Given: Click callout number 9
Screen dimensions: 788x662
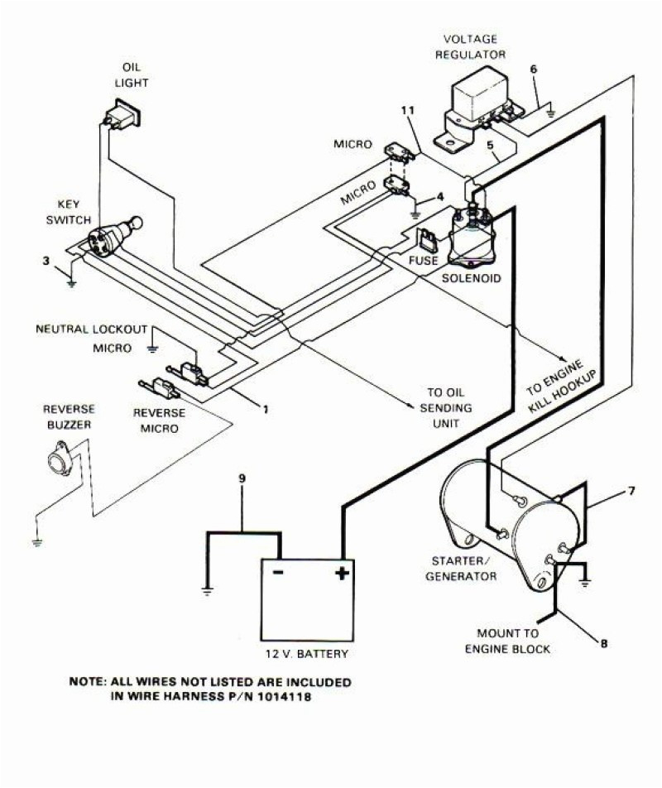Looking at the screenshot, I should pos(242,478).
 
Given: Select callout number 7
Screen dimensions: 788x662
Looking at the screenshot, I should pos(631,491).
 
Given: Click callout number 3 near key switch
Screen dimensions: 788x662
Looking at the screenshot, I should pos(47,262).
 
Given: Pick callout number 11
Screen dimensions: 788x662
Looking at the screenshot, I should pos(406,110).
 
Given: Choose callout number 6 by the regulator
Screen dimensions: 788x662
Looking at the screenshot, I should pos(534,69).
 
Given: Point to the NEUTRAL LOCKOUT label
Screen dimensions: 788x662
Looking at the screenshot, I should pos(91,329).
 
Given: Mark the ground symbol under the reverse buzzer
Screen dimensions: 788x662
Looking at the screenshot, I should pos(36,542).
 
